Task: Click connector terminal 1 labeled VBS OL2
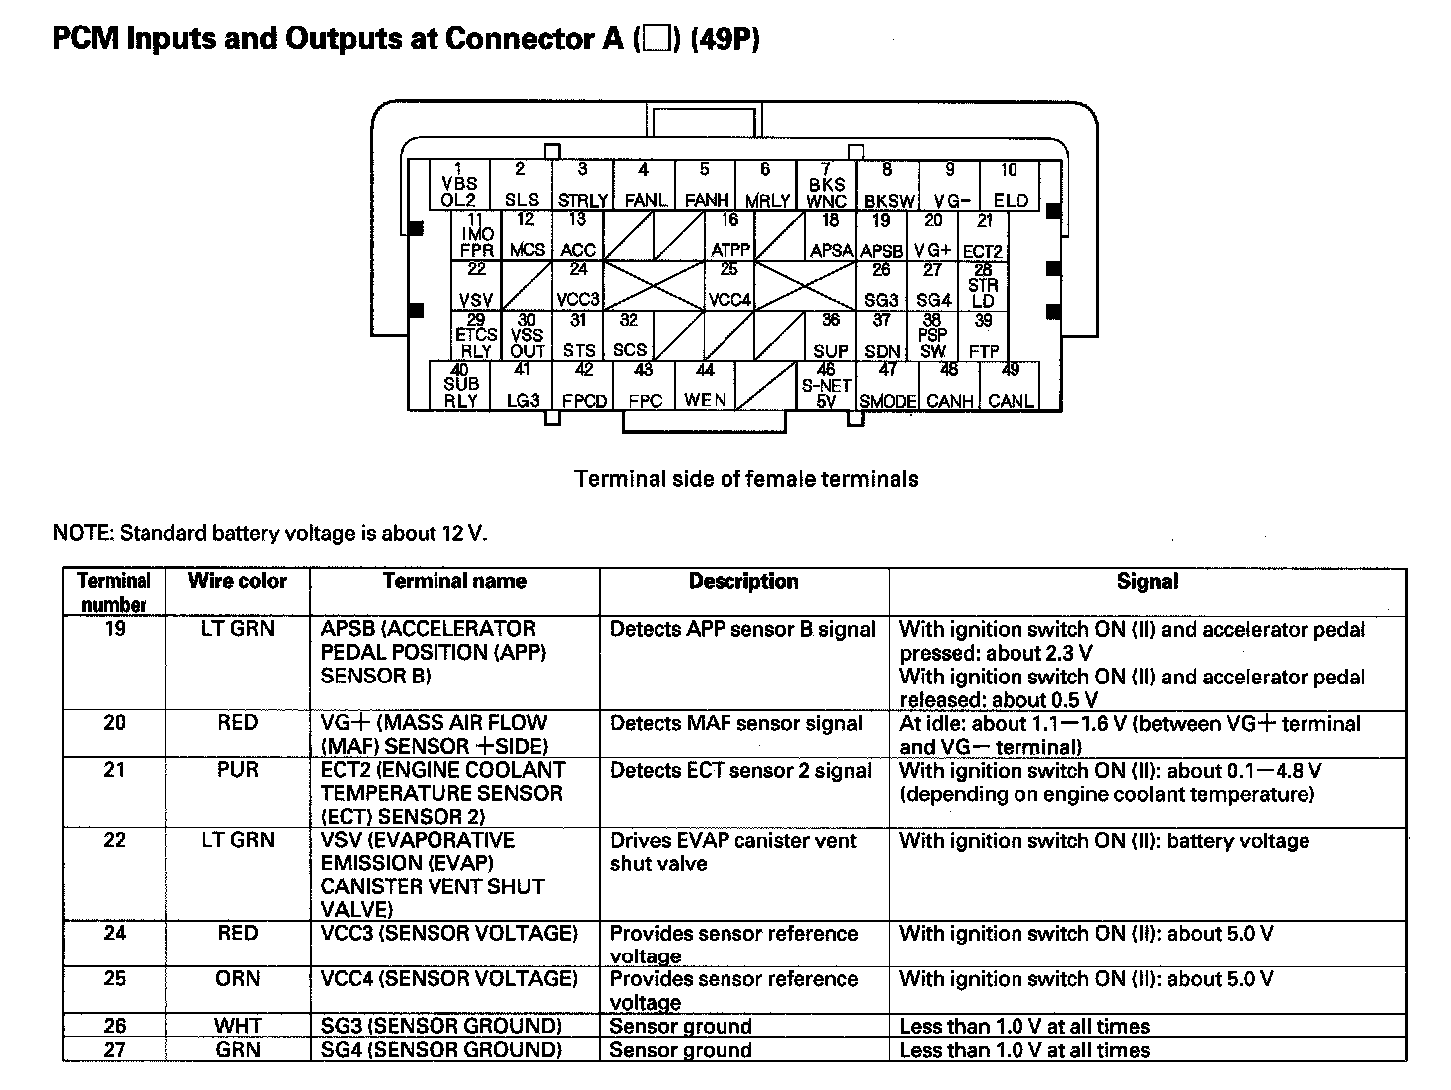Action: coord(459,185)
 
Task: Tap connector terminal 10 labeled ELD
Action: coord(1010,186)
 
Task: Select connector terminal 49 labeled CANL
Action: coord(1011,386)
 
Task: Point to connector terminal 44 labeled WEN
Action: coord(705,386)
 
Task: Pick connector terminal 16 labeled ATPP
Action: coord(730,236)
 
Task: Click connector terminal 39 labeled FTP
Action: coord(984,336)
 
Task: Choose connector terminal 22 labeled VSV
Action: coord(477,286)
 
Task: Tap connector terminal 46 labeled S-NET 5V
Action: coord(826,386)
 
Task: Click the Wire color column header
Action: coord(237,581)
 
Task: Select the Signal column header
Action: coord(1147,582)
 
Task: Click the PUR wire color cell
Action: coord(237,770)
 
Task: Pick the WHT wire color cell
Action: coord(237,1026)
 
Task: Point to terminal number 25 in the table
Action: coord(115,978)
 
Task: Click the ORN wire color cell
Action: coord(237,978)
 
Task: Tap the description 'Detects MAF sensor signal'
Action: coord(736,724)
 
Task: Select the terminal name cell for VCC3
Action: coord(449,934)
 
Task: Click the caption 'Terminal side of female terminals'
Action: coord(746,479)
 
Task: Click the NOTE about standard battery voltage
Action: coord(270,533)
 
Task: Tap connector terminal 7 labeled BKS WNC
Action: coord(826,186)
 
